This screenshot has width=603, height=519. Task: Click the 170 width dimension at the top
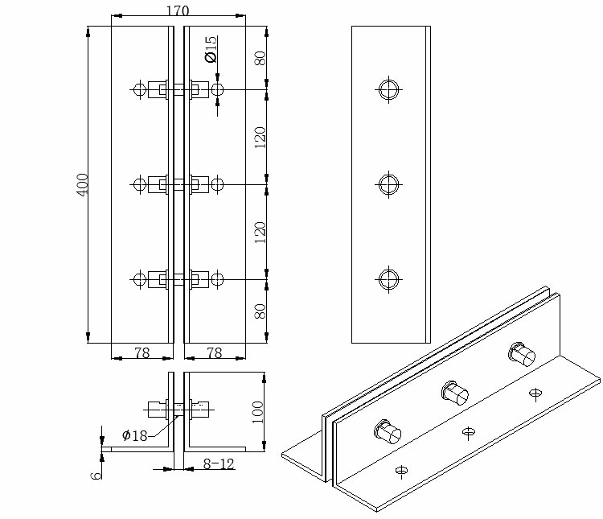178,10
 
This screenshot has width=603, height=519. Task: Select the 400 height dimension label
83,185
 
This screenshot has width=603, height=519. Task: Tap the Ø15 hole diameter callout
211,49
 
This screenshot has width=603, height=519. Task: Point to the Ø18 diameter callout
134,435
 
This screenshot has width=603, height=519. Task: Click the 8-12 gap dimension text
219,464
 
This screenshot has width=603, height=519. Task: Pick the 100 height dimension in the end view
257,412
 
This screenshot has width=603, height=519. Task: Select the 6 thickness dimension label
96,475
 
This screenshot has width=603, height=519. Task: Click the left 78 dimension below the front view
142,352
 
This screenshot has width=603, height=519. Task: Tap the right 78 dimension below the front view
215,352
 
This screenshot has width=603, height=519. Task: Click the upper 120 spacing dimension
260,138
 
